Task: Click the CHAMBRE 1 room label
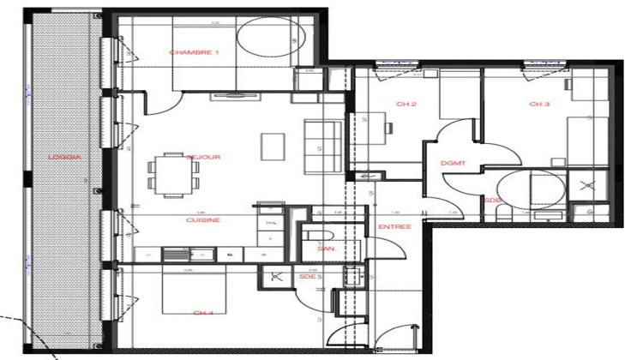[x=195, y=52]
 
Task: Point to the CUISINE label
[x=203, y=219]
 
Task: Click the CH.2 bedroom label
[x=406, y=104]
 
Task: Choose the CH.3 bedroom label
[x=538, y=104]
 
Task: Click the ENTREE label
[x=394, y=227]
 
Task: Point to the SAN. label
[x=325, y=249]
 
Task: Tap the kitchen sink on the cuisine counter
[x=177, y=255]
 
